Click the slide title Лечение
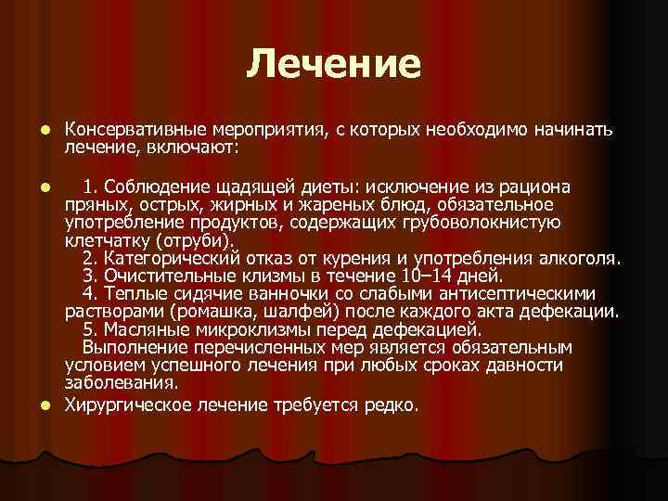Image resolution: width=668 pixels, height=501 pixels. coord(334,64)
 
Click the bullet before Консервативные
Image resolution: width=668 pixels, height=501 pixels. coord(44,131)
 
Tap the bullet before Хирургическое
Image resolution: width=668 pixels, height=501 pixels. coord(44,405)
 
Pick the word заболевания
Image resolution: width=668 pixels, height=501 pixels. coord(121,381)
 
